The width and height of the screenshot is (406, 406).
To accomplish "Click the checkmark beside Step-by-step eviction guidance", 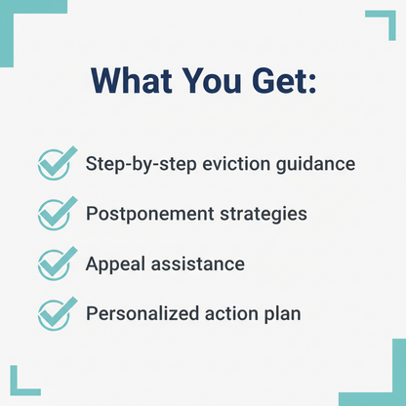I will pyautogui.click(x=55, y=164).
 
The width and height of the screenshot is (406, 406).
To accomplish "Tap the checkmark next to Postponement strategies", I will pyautogui.click(x=55, y=214).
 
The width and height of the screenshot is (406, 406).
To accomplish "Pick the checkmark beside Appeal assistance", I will pyautogui.click(x=55, y=264).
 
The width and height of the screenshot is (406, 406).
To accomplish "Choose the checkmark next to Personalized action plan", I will pyautogui.click(x=55, y=314).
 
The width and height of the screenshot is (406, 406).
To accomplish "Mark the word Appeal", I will pyautogui.click(x=113, y=264).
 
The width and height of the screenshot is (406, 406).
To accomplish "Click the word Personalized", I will pyautogui.click(x=145, y=314).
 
